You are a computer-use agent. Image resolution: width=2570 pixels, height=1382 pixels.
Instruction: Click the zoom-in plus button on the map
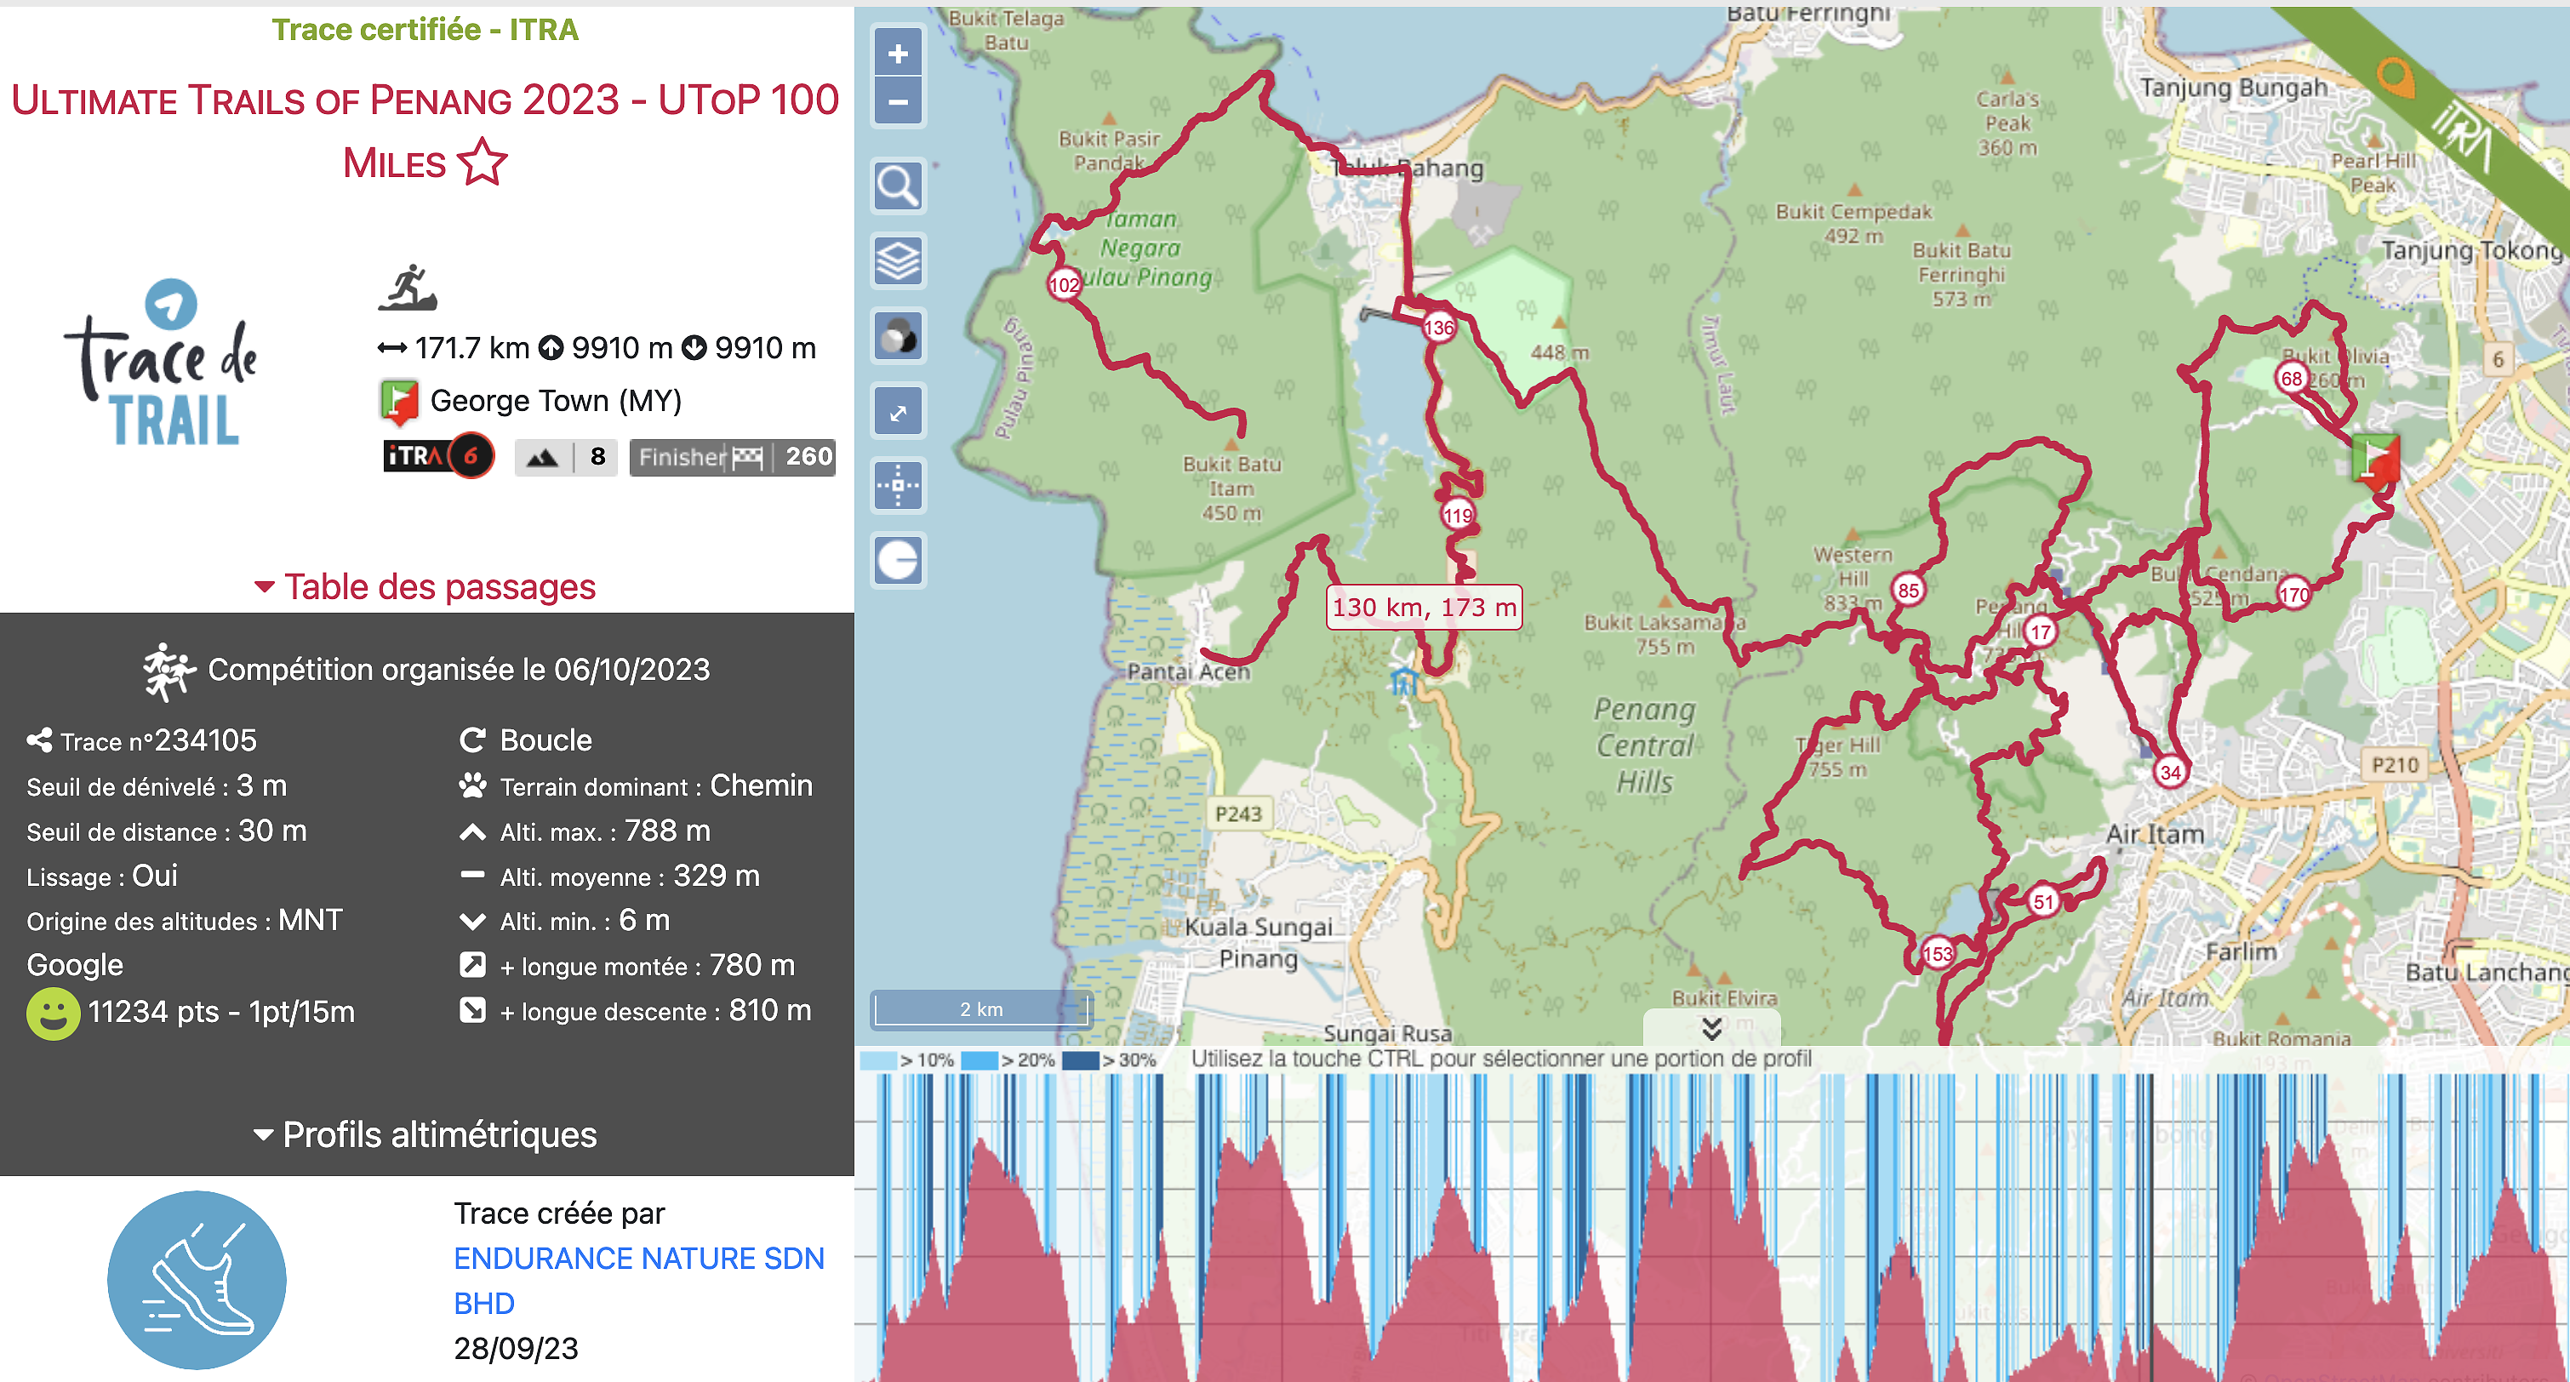tap(898, 54)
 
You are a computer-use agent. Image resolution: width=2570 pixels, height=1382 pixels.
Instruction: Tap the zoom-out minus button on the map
tap(898, 102)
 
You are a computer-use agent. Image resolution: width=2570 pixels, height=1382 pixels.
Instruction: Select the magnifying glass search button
tap(898, 186)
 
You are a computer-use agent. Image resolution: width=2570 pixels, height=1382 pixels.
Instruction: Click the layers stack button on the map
tap(898, 260)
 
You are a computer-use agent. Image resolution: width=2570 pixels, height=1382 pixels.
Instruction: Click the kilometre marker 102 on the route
tap(1064, 284)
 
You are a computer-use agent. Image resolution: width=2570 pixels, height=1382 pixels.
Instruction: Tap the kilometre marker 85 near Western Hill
tap(1908, 590)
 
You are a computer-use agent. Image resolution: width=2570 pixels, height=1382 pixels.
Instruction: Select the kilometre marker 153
tap(1937, 953)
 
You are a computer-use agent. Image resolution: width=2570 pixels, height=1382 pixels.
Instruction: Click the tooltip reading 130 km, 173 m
tap(1424, 607)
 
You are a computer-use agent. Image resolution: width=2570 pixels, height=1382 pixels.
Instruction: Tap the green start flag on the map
tap(2375, 458)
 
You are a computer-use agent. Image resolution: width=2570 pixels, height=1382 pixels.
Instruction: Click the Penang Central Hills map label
tap(1644, 745)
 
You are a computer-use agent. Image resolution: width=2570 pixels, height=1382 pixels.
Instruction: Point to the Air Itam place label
tap(2155, 833)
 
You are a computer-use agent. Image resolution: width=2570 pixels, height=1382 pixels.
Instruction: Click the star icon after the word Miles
tap(483, 163)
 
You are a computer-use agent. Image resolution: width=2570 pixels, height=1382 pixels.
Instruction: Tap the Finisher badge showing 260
tap(733, 457)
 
